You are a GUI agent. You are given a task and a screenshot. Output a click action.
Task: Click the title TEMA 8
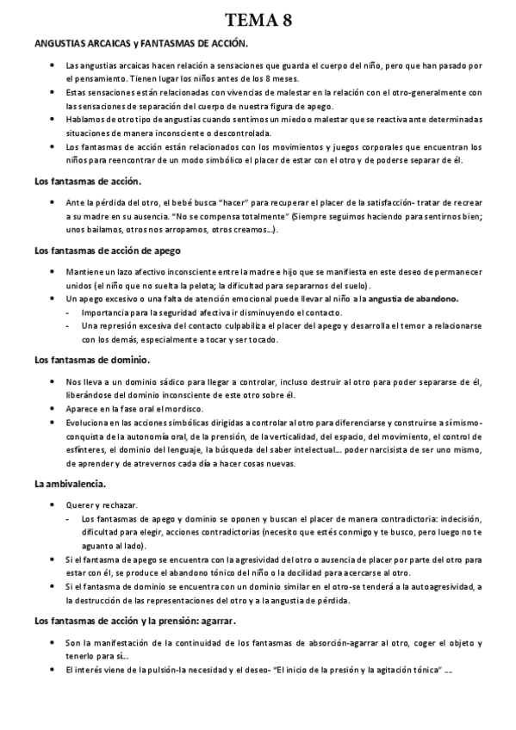click(258, 22)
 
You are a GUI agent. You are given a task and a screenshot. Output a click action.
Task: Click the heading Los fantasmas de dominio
click(92, 359)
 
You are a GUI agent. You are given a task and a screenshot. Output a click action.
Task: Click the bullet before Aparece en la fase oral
click(53, 409)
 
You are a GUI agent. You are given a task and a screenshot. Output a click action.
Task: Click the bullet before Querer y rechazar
click(53, 504)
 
